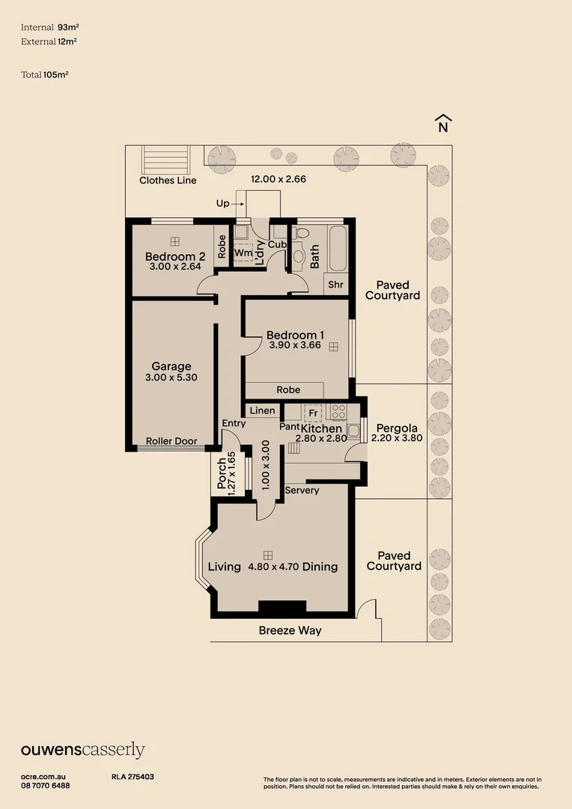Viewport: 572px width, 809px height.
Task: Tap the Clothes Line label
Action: point(168,181)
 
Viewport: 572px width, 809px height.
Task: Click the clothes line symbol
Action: point(158,159)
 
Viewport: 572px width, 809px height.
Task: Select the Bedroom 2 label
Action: point(174,256)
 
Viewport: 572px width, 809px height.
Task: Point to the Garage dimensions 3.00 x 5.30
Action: point(171,378)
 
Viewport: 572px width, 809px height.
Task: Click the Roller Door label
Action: point(171,441)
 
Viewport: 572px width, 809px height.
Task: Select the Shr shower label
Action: point(335,285)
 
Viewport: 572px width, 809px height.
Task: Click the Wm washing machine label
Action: point(243,253)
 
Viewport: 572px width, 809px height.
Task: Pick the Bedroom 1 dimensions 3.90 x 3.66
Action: point(293,346)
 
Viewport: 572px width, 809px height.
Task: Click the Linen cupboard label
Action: point(262,410)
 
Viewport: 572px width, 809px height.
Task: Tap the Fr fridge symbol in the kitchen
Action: point(312,413)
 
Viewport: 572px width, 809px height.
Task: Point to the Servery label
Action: point(302,491)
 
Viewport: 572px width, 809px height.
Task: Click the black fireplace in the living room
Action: point(282,607)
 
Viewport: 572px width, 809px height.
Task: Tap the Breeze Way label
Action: point(290,631)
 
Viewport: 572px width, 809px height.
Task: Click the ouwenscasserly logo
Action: point(82,751)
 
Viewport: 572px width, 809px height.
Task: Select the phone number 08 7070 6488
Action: point(46,785)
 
